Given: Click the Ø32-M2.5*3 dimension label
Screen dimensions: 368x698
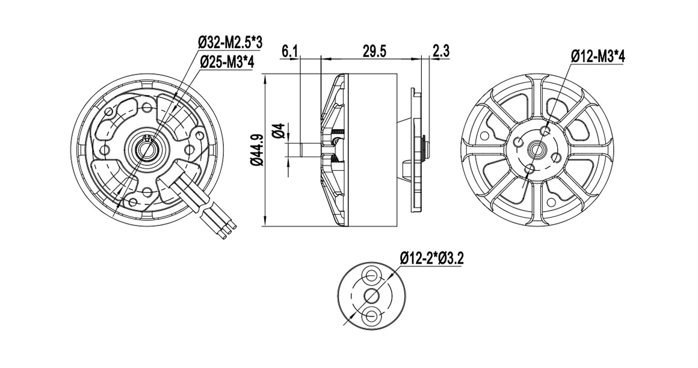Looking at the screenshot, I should [230, 42].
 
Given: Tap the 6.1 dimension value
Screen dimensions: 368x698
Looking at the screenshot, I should [290, 51].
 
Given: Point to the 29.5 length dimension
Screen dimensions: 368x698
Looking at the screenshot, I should [374, 51].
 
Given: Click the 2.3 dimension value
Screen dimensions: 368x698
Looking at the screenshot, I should [441, 51].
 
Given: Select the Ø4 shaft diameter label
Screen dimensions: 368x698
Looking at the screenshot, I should [278, 130].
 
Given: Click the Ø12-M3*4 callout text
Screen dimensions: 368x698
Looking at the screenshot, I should [598, 57].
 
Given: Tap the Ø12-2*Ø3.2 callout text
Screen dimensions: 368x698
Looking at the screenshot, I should [431, 259].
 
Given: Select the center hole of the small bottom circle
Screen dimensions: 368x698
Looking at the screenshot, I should [371, 295].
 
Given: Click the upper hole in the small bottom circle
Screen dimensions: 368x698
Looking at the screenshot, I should [371, 276].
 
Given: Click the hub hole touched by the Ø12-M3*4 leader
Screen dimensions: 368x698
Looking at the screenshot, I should [545, 130].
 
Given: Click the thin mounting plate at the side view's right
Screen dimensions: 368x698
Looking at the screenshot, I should [415, 150].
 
